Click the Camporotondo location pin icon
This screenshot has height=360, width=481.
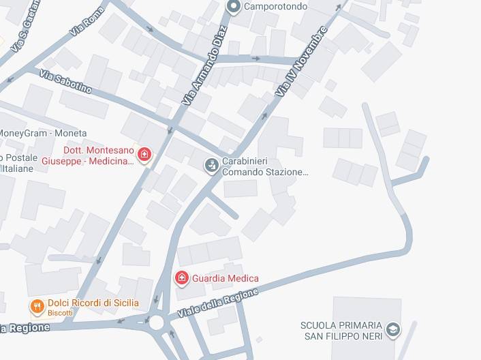[233, 7]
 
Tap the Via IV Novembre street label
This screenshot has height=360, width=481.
[302, 62]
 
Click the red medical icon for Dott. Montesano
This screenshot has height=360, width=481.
[144, 155]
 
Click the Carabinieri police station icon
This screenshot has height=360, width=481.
[212, 164]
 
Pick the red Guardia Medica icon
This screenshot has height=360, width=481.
[181, 277]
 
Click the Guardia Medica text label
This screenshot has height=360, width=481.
[225, 278]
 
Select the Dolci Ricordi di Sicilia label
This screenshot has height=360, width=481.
[93, 303]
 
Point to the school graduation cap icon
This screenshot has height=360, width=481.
[392, 330]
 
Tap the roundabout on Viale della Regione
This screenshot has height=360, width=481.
[158, 321]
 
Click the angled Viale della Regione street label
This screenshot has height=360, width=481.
[218, 303]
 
